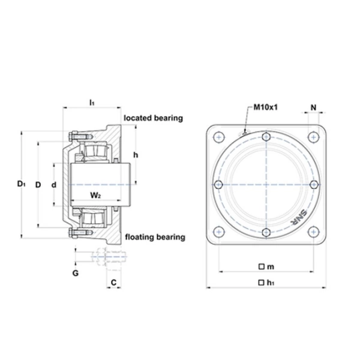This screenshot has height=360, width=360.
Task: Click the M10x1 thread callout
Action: [x=265, y=107]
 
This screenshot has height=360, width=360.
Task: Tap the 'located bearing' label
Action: [x=154, y=118]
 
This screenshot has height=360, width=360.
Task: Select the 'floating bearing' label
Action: [x=155, y=237]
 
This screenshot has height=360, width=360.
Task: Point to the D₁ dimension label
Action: [x=22, y=184]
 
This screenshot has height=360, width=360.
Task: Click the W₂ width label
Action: [x=95, y=196]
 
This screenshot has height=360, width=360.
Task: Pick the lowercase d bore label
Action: [x=54, y=185]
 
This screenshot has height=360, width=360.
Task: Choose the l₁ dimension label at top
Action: [x=92, y=103]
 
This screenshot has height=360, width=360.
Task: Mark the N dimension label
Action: [x=313, y=107]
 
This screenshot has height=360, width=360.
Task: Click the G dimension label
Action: [x=76, y=273]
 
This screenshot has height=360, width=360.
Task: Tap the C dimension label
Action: [x=113, y=283]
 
